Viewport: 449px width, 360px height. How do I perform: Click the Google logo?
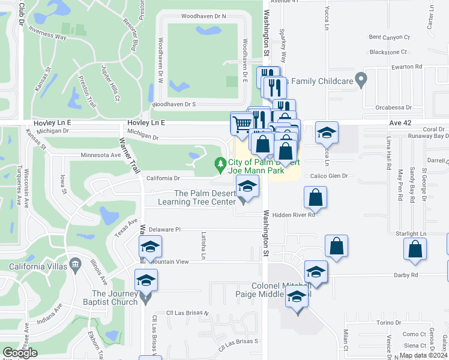click(x=20, y=353)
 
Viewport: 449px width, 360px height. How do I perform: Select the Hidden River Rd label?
click(x=294, y=215)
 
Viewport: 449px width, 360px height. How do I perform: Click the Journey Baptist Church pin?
click(x=145, y=296)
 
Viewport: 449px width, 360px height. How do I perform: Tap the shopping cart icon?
click(x=241, y=124)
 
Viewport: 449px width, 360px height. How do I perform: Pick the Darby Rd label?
click(x=406, y=275)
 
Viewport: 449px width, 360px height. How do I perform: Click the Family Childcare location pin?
click(x=361, y=79)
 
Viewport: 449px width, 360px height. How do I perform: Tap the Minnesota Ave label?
click(x=101, y=155)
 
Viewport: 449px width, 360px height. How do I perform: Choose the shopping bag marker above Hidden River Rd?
click(x=315, y=197)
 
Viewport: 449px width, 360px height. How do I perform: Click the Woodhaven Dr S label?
click(x=174, y=104)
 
